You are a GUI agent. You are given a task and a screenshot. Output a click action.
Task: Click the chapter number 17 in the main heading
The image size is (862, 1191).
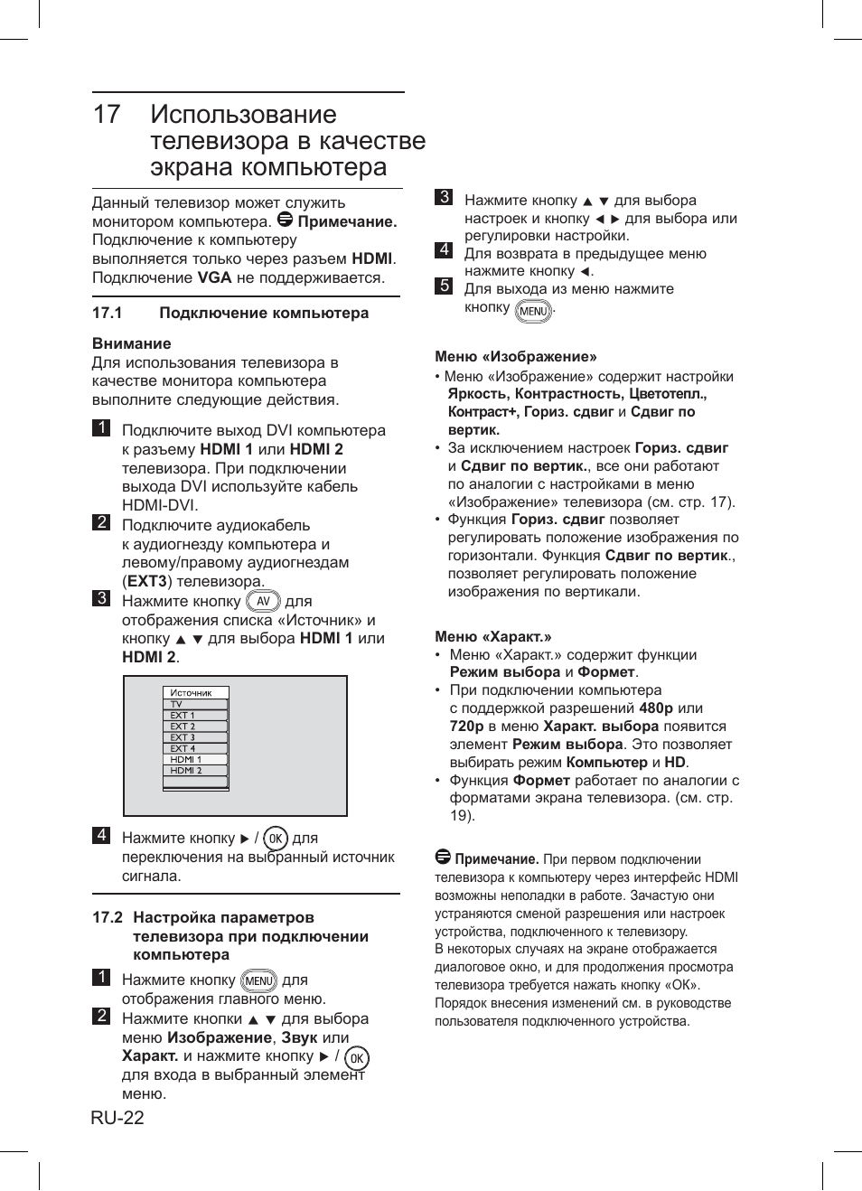coord(107,115)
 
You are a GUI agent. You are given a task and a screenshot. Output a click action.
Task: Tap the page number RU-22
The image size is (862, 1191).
coord(117,1118)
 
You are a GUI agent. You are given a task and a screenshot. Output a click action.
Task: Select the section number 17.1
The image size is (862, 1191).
coord(107,314)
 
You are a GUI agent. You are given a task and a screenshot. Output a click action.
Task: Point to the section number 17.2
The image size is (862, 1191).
coord(108,917)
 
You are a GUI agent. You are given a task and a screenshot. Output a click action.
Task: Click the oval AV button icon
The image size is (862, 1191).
coord(263,602)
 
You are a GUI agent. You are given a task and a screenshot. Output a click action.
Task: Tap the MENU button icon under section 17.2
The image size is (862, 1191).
coord(258,980)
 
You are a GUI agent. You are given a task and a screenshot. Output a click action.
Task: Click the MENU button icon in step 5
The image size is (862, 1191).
coord(533,311)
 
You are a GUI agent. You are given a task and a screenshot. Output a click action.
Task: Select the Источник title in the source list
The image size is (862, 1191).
coord(192,693)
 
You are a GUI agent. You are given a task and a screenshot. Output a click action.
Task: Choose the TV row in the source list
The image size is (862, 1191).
coord(177,704)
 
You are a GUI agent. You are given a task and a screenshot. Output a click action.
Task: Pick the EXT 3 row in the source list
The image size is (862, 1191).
coord(183,737)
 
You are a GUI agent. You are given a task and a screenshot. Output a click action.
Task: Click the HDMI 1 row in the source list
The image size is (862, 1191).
coord(186,760)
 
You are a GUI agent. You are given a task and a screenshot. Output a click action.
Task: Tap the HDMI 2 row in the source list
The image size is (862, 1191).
coord(186,771)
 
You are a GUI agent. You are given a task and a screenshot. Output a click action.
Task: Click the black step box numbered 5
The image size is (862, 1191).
coord(444,286)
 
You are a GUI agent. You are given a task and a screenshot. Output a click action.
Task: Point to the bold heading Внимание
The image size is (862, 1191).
coord(131,343)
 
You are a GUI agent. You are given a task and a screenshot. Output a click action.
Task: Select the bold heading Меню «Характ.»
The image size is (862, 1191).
coord(492,636)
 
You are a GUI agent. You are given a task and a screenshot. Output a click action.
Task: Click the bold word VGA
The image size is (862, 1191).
coord(214,277)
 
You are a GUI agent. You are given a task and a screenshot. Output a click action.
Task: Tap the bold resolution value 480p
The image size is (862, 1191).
coord(656,708)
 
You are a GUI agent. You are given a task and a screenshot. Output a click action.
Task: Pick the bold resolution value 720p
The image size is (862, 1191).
coord(466,727)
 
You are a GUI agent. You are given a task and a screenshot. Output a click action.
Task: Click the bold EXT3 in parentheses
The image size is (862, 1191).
coord(147,582)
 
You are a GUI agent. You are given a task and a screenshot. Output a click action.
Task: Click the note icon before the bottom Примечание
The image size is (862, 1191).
coord(443,857)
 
